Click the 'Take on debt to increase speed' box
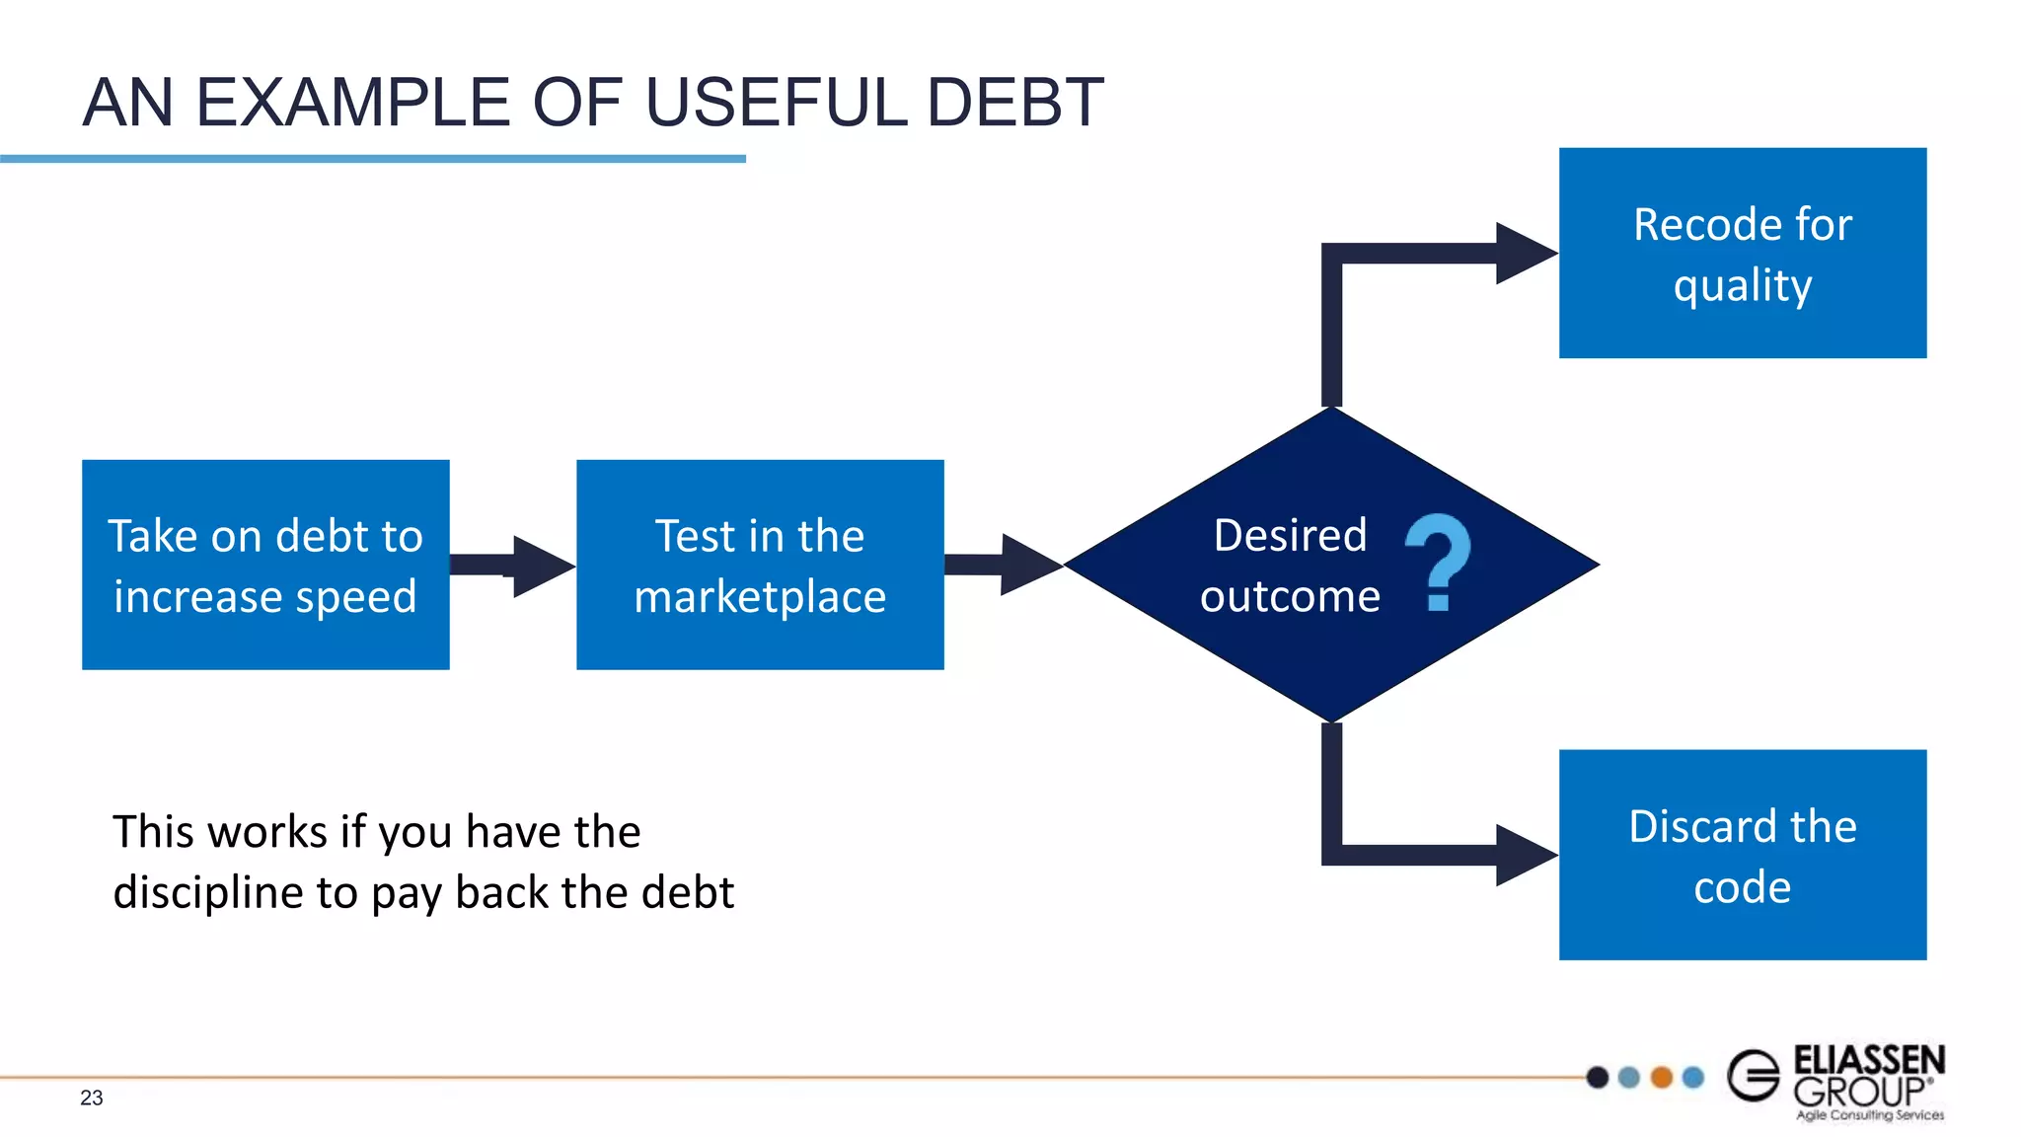(265, 565)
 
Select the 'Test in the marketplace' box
(760, 565)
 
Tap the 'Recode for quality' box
(1743, 253)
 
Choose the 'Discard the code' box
(1743, 855)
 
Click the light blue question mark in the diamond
(1438, 562)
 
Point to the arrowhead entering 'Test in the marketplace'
(543, 566)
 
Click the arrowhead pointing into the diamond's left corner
(1030, 565)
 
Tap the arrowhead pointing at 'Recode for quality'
(1526, 254)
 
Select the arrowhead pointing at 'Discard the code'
(1526, 855)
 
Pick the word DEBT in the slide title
(1015, 103)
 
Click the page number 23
(92, 1098)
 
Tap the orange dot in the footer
(1662, 1077)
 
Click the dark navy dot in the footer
(1598, 1077)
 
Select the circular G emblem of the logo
(1754, 1076)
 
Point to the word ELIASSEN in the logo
(1869, 1060)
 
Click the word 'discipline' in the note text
(208, 892)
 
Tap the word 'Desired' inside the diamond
(1290, 535)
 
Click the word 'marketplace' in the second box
(760, 596)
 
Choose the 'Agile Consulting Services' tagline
(1870, 1115)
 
